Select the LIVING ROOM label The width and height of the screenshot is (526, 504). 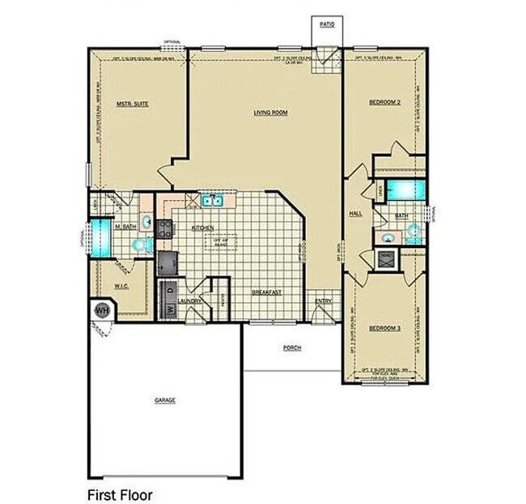click(272, 113)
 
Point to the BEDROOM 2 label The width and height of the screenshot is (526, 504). click(385, 102)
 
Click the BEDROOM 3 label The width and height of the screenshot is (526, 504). click(384, 327)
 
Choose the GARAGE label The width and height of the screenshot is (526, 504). click(165, 400)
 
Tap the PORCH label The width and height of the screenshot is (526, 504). click(292, 348)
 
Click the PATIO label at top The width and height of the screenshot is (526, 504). click(327, 25)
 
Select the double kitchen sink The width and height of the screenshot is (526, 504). click(212, 199)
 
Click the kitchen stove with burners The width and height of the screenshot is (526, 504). click(165, 228)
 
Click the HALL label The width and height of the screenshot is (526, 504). click(355, 214)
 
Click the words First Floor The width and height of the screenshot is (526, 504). click(119, 493)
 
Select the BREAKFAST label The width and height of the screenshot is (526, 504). click(266, 292)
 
